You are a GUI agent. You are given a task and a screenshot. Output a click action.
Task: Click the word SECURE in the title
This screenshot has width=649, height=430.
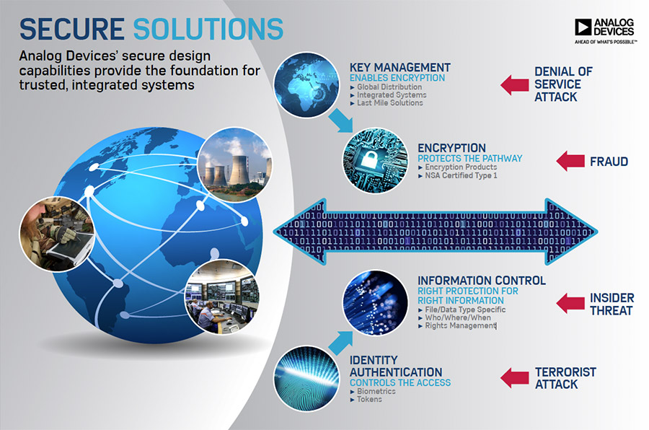click(71, 29)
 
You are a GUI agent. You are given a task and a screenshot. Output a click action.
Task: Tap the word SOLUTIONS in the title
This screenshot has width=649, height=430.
click(208, 29)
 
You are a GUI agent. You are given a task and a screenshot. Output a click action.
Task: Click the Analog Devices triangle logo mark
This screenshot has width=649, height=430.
click(583, 27)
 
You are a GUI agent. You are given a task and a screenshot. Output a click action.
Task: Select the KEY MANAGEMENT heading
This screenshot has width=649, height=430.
click(399, 68)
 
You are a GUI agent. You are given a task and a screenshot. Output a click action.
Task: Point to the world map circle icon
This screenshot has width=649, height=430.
click(306, 84)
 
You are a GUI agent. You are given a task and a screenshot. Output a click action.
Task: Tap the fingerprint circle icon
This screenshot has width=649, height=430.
click(306, 378)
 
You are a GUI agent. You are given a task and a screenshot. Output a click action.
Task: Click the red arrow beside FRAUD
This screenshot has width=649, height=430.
click(570, 161)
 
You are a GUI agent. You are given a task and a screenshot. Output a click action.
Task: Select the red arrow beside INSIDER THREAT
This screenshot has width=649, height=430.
click(570, 303)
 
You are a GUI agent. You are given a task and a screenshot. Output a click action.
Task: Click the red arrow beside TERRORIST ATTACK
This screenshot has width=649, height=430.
click(514, 378)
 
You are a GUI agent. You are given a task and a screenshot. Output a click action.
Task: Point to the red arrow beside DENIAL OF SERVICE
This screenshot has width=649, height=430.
click(514, 85)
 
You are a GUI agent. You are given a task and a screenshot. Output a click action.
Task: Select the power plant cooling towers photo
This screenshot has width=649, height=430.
click(234, 165)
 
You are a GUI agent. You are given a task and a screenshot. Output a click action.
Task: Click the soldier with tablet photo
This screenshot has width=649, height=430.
click(57, 234)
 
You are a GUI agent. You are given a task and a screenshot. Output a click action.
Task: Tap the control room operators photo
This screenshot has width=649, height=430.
click(221, 297)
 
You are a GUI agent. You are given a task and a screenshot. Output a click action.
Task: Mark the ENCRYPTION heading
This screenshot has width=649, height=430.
click(451, 149)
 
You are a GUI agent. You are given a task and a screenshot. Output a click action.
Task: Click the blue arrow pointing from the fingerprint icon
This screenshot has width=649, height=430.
click(340, 342)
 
